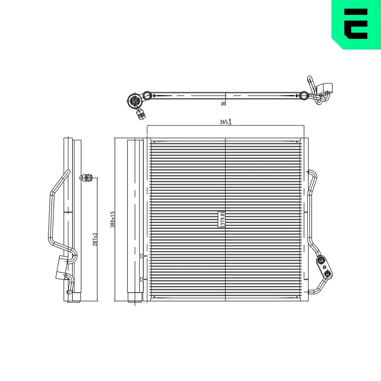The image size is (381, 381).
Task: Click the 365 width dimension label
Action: [x=225, y=122]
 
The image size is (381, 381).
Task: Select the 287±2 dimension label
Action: [x=95, y=239]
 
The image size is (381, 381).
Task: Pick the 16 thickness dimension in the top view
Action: [x=223, y=102]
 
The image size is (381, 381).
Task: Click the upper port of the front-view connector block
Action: [x=321, y=261]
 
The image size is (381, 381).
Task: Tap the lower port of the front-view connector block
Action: [x=328, y=273]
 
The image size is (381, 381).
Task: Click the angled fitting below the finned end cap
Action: [x=141, y=114]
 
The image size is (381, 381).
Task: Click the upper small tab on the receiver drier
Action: [x=141, y=256]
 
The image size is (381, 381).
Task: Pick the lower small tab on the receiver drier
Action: [x=141, y=279]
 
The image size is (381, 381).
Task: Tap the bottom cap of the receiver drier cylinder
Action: [x=134, y=297]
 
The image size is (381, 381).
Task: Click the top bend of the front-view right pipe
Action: [x=313, y=174]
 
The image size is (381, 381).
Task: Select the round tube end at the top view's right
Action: [x=303, y=95]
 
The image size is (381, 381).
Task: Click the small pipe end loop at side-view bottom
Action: [x=69, y=292]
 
